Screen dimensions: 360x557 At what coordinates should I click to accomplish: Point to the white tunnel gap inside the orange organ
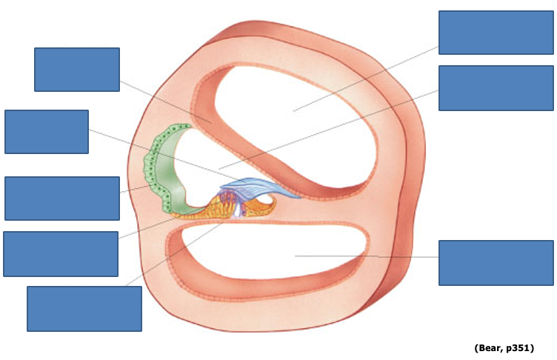pyautogui.click(x=237, y=211)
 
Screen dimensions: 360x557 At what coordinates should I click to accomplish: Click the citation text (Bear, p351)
pyautogui.click(x=504, y=347)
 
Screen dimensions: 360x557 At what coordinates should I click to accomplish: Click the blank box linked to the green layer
pyautogui.click(x=62, y=198)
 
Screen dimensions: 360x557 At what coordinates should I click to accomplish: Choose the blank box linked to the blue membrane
pyautogui.click(x=47, y=132)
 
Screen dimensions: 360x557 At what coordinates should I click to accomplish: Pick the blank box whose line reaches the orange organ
pyautogui.click(x=61, y=253)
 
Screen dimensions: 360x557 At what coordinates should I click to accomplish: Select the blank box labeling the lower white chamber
pyautogui.click(x=496, y=262)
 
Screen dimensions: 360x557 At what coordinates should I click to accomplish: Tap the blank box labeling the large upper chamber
pyautogui.click(x=496, y=33)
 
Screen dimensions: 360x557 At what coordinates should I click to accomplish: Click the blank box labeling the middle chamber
pyautogui.click(x=496, y=87)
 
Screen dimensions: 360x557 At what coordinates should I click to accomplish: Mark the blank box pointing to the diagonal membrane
pyautogui.click(x=77, y=70)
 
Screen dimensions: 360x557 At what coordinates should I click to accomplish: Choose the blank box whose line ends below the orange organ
pyautogui.click(x=84, y=308)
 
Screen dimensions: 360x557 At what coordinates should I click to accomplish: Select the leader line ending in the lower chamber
pyautogui.click(x=370, y=256)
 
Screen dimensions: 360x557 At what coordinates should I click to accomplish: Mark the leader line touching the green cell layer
pyautogui.click(x=133, y=190)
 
